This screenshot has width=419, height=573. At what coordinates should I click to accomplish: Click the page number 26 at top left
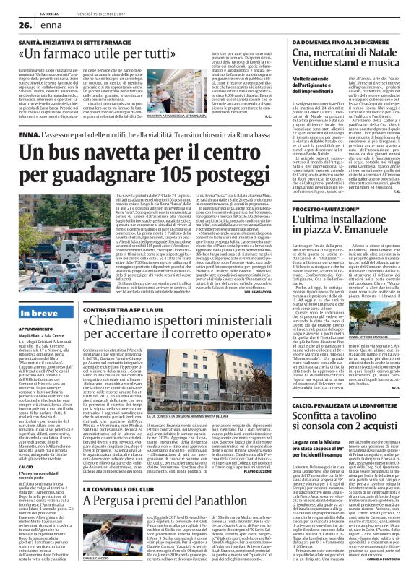[x=15, y=24]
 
